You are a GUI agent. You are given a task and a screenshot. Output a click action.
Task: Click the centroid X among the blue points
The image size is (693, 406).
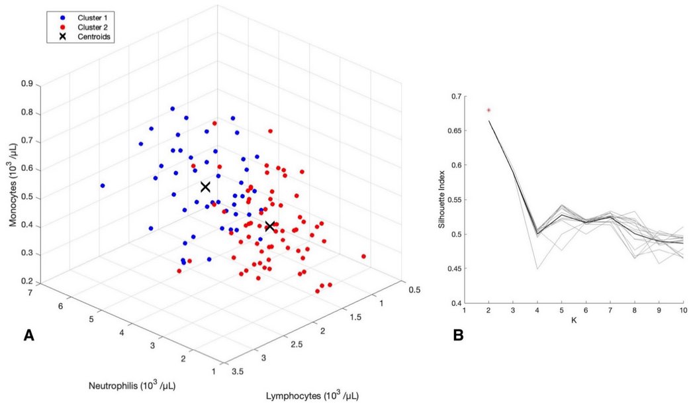[x=205, y=187]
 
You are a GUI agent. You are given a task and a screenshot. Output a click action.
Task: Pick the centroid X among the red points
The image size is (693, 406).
[x=270, y=227]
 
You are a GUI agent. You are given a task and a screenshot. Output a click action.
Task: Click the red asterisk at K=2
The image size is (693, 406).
[x=489, y=110]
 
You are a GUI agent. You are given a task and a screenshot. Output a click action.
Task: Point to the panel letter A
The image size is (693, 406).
[x=29, y=336]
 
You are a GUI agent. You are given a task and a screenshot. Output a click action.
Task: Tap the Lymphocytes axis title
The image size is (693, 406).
[x=312, y=395]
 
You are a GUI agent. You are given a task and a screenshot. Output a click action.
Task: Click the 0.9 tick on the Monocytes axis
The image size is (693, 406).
[x=28, y=85]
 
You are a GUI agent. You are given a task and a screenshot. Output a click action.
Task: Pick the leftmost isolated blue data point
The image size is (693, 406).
[x=103, y=185]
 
